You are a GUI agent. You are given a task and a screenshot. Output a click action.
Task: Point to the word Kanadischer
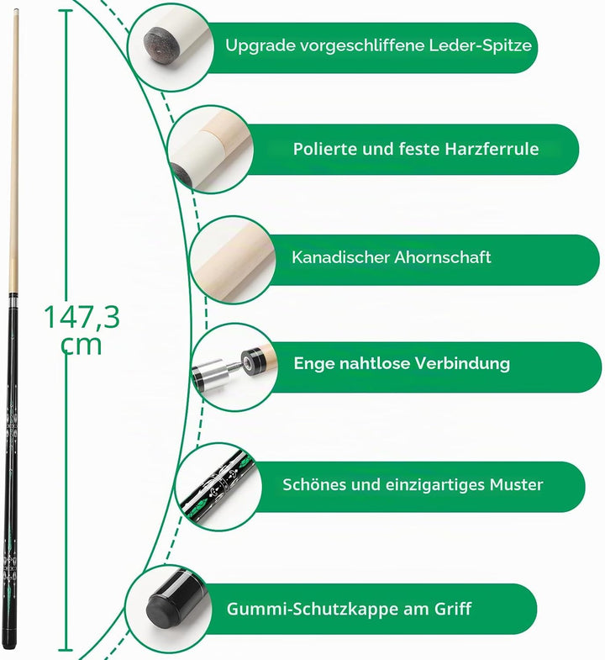click(x=340, y=257)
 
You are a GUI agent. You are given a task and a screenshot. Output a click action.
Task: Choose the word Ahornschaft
click(x=442, y=257)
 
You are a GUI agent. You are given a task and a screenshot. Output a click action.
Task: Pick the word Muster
click(x=516, y=485)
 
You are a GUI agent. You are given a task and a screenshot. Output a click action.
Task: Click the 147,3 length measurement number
click(x=82, y=317)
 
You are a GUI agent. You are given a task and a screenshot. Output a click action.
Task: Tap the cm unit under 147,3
click(x=82, y=345)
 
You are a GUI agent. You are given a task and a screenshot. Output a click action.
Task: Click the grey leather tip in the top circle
click(x=160, y=45)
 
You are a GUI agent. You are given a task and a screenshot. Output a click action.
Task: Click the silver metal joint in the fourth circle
click(x=213, y=372)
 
